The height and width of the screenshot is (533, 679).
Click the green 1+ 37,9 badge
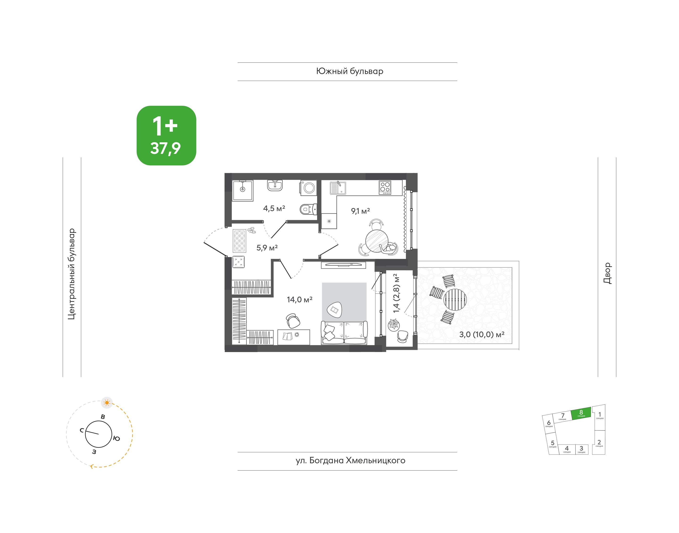pyautogui.click(x=166, y=135)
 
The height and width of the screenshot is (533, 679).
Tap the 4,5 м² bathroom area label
pyautogui.click(x=274, y=208)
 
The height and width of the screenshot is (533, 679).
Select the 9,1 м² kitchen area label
pyautogui.click(x=360, y=211)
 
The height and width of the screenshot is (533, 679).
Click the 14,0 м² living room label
pyautogui.click(x=299, y=299)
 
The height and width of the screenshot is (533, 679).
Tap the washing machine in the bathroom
pyautogui.click(x=309, y=188)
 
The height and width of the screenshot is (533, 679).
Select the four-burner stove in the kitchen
pyautogui.click(x=385, y=187)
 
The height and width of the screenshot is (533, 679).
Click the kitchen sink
pyautogui.click(x=338, y=188)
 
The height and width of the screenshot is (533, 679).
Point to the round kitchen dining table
pyautogui.click(x=377, y=241)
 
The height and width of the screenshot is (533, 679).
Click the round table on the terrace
pyautogui.click(x=455, y=299)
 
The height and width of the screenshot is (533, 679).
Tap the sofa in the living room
pyautogui.click(x=344, y=333)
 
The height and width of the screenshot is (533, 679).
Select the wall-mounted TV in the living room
pyautogui.click(x=343, y=265)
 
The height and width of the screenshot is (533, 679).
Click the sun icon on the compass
pyautogui.click(x=107, y=403)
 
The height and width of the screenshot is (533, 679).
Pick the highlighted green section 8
pyautogui.click(x=581, y=413)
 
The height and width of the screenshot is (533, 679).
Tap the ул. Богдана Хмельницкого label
pyautogui.click(x=350, y=461)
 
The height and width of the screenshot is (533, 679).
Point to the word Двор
pyautogui.click(x=607, y=273)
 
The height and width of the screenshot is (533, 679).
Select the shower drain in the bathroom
pyautogui.click(x=242, y=189)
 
